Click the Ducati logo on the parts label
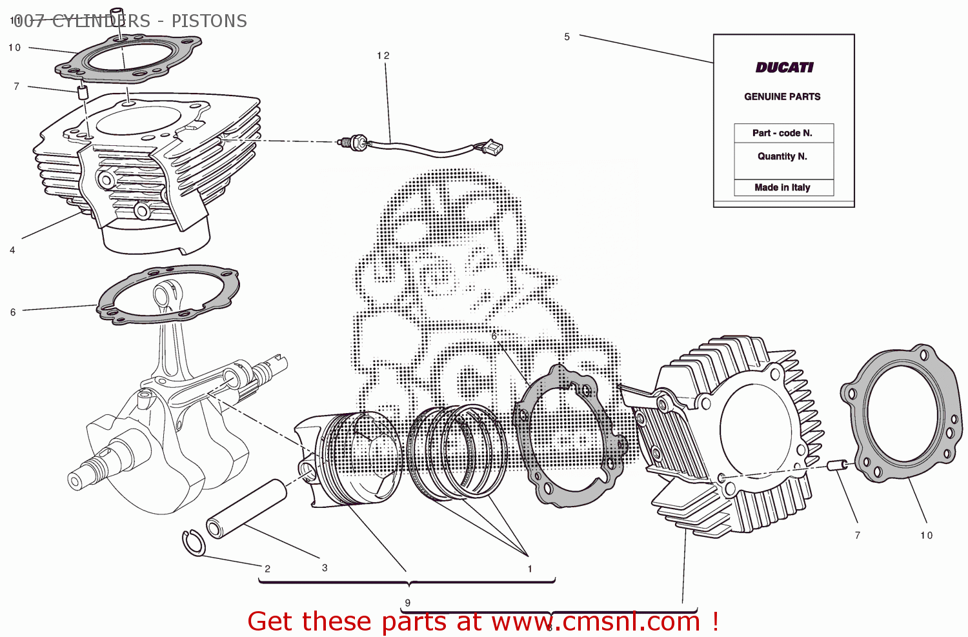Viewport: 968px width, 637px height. (784, 68)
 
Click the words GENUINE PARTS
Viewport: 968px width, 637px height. (782, 97)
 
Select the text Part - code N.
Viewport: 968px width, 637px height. (782, 133)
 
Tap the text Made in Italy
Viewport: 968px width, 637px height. (782, 188)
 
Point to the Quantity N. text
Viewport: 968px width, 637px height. (782, 156)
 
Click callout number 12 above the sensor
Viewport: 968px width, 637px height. (383, 56)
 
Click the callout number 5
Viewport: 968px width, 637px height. (567, 37)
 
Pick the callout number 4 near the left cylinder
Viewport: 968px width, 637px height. (12, 250)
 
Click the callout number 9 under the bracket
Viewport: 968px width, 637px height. (407, 603)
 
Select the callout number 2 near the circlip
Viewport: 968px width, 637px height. (267, 569)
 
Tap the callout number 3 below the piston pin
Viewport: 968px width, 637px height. (325, 568)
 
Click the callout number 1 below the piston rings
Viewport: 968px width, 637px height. (530, 569)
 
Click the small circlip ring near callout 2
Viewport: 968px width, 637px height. (193, 542)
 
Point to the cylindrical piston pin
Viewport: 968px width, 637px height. (247, 509)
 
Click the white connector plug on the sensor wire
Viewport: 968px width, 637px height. (493, 148)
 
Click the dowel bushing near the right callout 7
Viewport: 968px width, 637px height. (837, 465)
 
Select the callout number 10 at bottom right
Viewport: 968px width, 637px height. (926, 536)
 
